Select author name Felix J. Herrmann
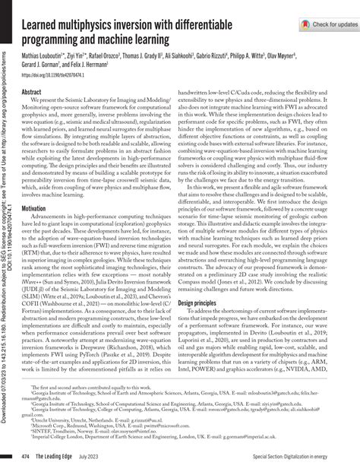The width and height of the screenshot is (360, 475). point(98,66)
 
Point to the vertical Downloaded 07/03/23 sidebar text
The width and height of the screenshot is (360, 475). point(7,228)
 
